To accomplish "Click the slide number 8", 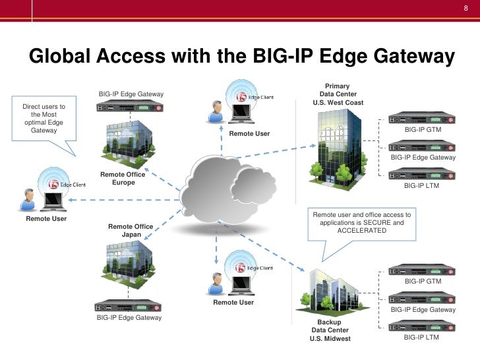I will [465, 9].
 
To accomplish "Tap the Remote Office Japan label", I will [131, 231].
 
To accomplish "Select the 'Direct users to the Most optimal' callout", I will [44, 119].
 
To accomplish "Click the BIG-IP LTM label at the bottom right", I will [421, 338].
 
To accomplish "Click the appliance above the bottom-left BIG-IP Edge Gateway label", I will [129, 306].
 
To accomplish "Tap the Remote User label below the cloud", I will [233, 303].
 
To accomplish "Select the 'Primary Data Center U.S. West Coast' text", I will [338, 94].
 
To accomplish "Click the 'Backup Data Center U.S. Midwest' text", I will [330, 330].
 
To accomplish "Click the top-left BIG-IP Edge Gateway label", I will [131, 95].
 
